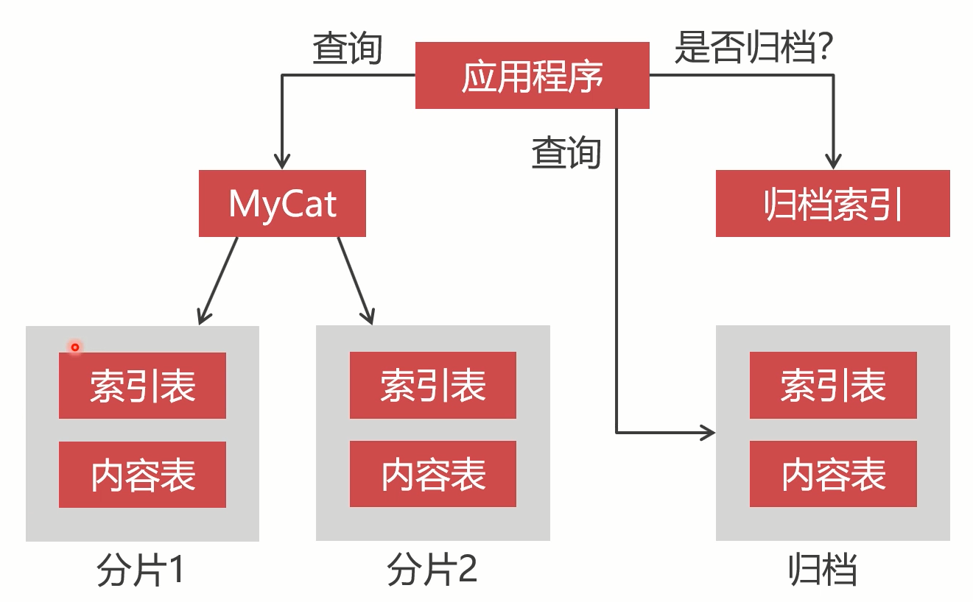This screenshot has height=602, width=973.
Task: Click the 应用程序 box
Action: tap(532, 75)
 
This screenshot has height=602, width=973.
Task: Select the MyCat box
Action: tap(282, 204)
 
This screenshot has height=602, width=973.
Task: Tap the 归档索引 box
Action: tap(832, 204)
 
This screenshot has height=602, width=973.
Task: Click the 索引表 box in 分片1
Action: tap(142, 386)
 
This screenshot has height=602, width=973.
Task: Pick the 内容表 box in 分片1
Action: tap(142, 475)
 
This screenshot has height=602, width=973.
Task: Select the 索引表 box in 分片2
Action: tap(433, 386)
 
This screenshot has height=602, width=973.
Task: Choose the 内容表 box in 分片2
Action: tap(433, 475)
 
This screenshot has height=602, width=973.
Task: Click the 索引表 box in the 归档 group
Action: tap(833, 386)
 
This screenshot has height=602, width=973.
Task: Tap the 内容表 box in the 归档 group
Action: tap(833, 475)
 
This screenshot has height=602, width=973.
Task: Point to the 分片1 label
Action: tap(140, 570)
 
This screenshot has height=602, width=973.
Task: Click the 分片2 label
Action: tap(432, 570)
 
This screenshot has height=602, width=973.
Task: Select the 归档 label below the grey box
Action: tap(823, 570)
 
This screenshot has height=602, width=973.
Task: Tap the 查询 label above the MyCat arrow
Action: tap(347, 49)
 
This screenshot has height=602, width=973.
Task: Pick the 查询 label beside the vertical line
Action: tap(566, 153)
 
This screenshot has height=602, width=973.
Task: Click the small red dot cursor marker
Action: tap(74, 347)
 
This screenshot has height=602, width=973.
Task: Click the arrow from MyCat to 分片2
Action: tap(355, 280)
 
